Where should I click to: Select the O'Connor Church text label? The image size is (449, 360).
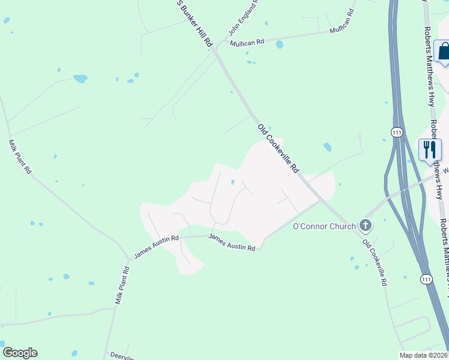324,226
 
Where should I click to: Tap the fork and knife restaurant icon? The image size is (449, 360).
430,149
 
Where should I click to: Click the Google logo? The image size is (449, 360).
20,353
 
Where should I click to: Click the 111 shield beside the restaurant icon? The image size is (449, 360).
396,133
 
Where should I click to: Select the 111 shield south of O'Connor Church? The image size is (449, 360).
426,279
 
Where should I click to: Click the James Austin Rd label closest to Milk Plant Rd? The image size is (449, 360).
156,247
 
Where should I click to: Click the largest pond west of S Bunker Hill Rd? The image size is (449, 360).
80,79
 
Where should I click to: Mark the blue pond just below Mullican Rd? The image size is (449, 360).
279,44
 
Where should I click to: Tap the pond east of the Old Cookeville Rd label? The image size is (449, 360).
327,146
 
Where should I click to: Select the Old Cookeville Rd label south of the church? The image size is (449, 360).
375,263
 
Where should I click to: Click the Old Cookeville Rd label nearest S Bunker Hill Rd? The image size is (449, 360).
278,148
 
